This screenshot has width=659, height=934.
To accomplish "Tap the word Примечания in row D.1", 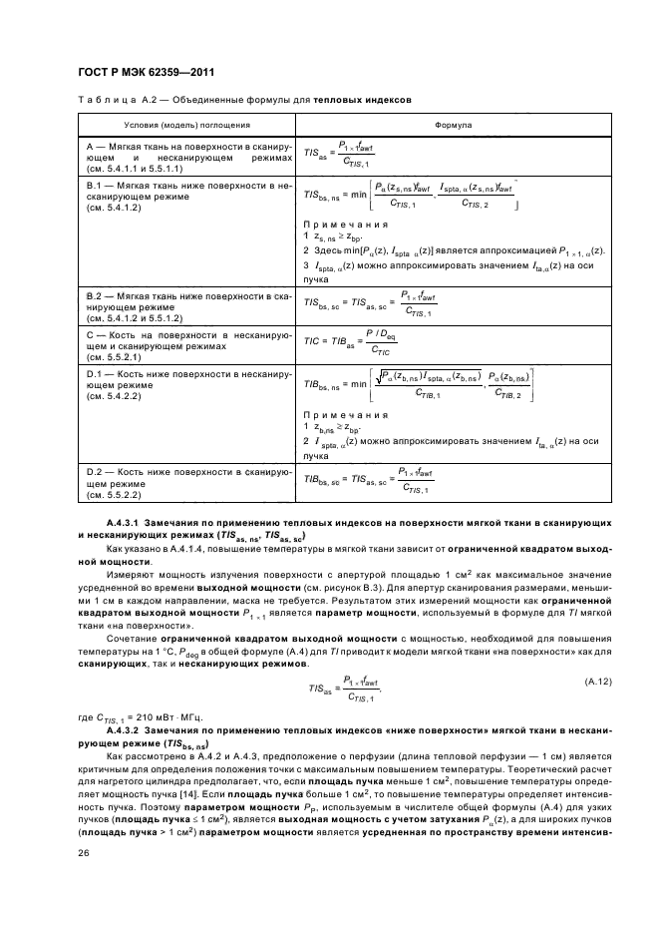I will [344, 413].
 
